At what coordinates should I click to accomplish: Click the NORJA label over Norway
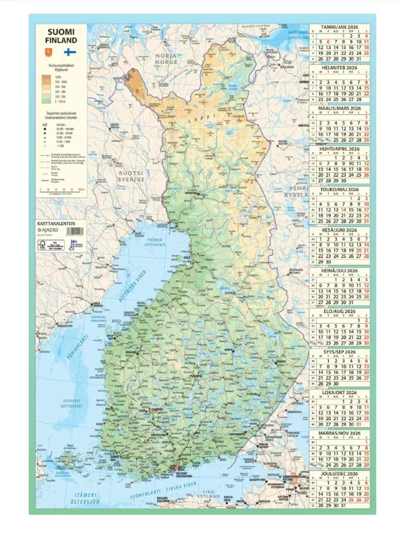pos(166,56)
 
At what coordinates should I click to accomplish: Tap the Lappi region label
pos(209,121)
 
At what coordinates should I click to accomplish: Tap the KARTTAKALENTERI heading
pos(57,224)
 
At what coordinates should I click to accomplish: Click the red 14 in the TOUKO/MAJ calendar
pos(342,210)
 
